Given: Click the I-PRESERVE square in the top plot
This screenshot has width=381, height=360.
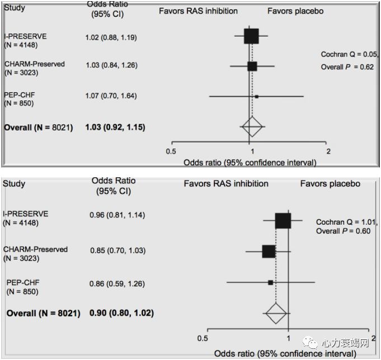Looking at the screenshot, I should click(x=252, y=36).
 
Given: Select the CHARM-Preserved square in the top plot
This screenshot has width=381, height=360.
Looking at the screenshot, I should click(x=252, y=66).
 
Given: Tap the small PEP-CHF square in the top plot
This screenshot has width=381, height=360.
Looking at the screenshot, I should click(x=256, y=97).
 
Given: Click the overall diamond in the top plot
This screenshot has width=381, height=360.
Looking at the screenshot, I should click(x=252, y=127).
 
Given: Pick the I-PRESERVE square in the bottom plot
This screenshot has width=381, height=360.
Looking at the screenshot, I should click(x=283, y=221).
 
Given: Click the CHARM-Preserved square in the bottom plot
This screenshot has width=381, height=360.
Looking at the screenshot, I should click(x=269, y=251).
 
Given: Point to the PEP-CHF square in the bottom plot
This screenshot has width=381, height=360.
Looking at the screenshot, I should click(x=270, y=282).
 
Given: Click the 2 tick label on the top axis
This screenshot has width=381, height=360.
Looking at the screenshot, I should click(x=328, y=151).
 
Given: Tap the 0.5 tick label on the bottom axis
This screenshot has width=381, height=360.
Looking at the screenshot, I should click(x=205, y=338).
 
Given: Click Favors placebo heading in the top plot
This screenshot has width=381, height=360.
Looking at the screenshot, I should click(x=295, y=11).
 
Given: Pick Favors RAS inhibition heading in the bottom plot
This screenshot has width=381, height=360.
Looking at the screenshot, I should click(x=226, y=183).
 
